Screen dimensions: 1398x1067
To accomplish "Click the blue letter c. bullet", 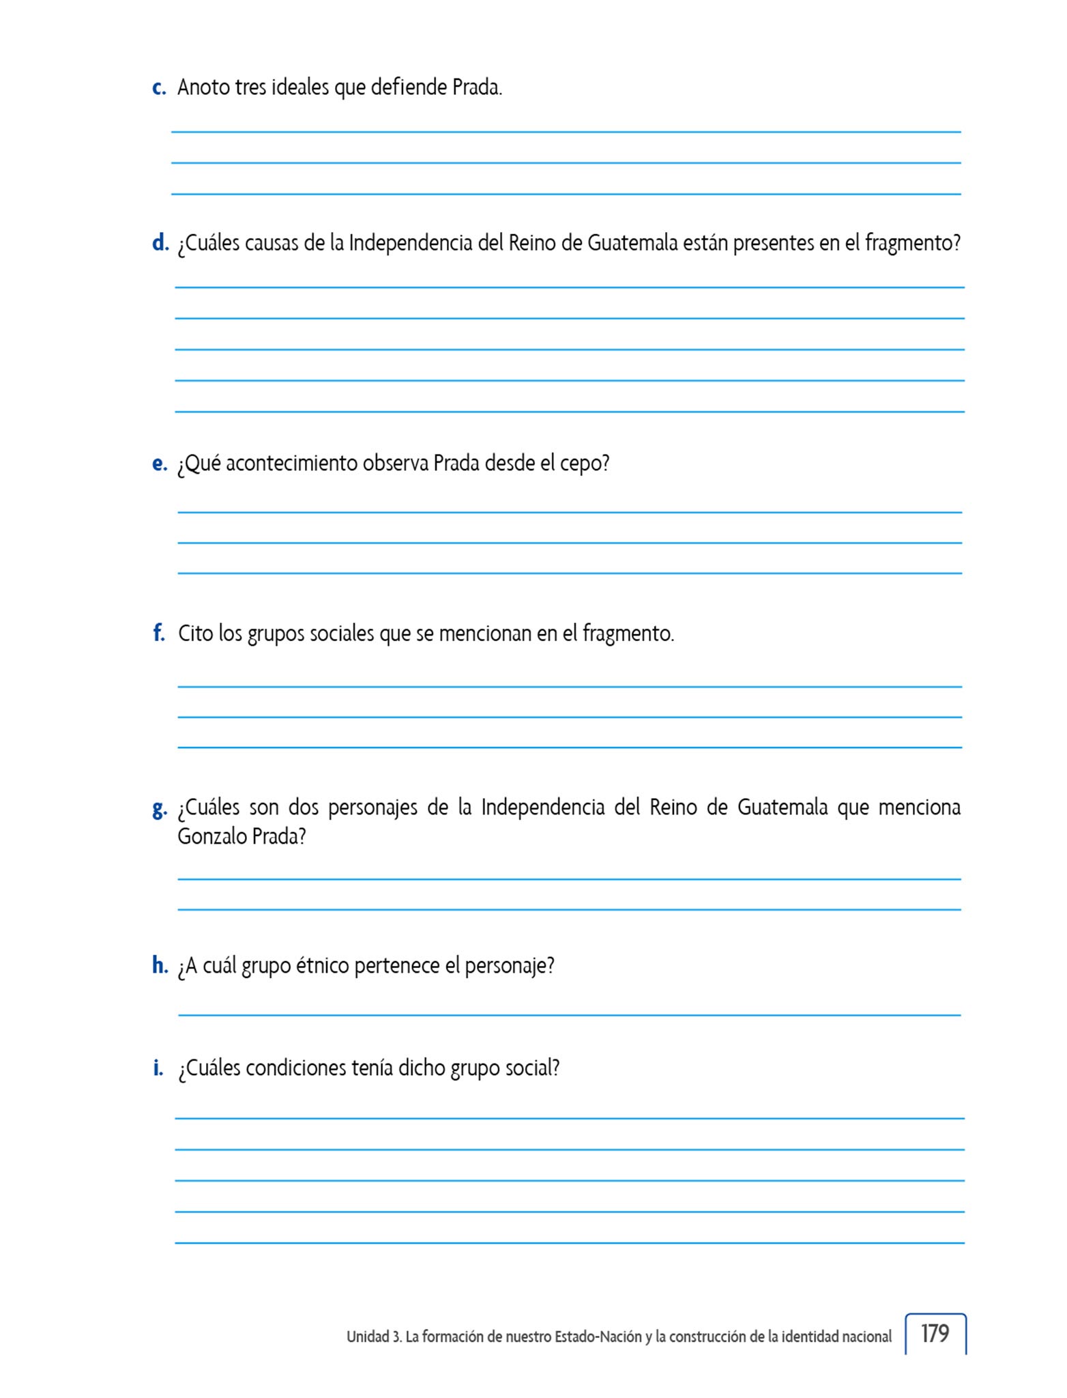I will point(159,88).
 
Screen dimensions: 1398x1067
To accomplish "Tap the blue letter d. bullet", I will point(160,243).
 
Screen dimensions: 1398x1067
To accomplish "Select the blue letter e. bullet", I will point(160,464).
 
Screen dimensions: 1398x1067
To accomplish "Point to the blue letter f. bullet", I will point(159,633).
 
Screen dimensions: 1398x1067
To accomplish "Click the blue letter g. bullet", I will point(160,809).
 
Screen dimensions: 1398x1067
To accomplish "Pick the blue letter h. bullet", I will point(160,965).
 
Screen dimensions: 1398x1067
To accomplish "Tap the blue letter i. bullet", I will point(158,1068).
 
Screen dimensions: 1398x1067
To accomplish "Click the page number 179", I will point(935,1333).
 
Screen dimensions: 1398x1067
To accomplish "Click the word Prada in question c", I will point(476,88).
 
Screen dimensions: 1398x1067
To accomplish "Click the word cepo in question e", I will point(584,464).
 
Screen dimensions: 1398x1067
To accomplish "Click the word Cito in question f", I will point(195,633).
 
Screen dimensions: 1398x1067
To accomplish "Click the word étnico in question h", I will point(323,966).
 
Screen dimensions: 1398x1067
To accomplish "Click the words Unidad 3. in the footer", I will point(373,1337).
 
